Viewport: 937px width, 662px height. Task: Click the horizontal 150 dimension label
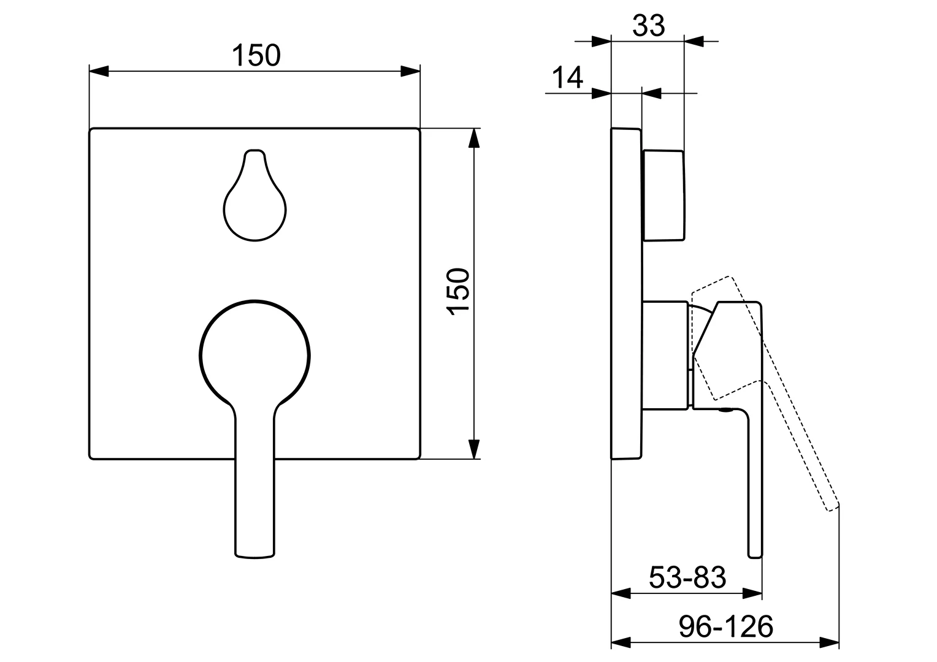pyautogui.click(x=256, y=56)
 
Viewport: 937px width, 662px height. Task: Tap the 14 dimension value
pyautogui.click(x=567, y=78)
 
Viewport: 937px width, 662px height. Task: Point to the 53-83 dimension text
pyautogui.click(x=687, y=577)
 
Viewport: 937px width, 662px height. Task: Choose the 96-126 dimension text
pyautogui.click(x=726, y=626)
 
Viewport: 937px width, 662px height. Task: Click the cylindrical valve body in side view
pyautogui.click(x=665, y=354)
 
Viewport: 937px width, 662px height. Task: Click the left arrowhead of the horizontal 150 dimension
pyautogui.click(x=99, y=71)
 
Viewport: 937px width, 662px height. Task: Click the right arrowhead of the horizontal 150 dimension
pyautogui.click(x=411, y=71)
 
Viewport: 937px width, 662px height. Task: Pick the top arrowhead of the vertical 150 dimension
pyautogui.click(x=473, y=139)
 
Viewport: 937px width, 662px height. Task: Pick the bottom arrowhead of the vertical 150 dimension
pyautogui.click(x=473, y=449)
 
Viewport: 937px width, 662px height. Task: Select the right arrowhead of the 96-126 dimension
pyautogui.click(x=830, y=643)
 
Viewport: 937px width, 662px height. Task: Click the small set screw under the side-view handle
pyautogui.click(x=726, y=411)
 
